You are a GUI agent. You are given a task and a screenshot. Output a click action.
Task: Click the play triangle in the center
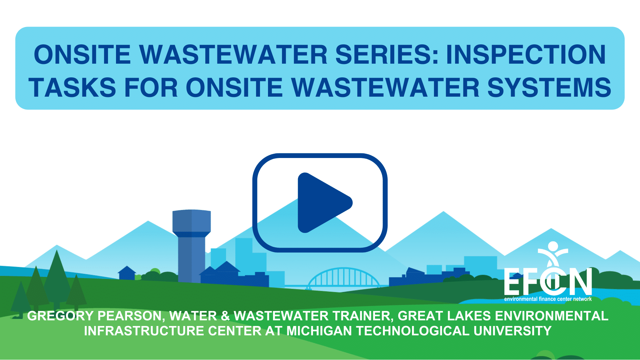tap(322, 203)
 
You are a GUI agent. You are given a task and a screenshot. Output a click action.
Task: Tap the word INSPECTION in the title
tap(526, 55)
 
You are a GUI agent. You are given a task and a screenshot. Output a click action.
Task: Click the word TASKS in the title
tap(72, 87)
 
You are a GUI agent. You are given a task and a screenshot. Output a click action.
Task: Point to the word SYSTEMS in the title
tap(549, 87)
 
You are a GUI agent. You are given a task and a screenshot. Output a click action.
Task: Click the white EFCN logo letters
tap(548, 282)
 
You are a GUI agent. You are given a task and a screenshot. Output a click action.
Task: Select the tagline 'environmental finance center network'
tap(548, 299)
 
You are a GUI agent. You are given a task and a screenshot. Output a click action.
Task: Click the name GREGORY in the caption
tap(60, 316)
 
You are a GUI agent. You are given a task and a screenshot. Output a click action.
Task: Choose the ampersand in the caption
tap(225, 316)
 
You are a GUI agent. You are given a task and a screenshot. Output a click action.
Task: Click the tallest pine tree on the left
tap(57, 280)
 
